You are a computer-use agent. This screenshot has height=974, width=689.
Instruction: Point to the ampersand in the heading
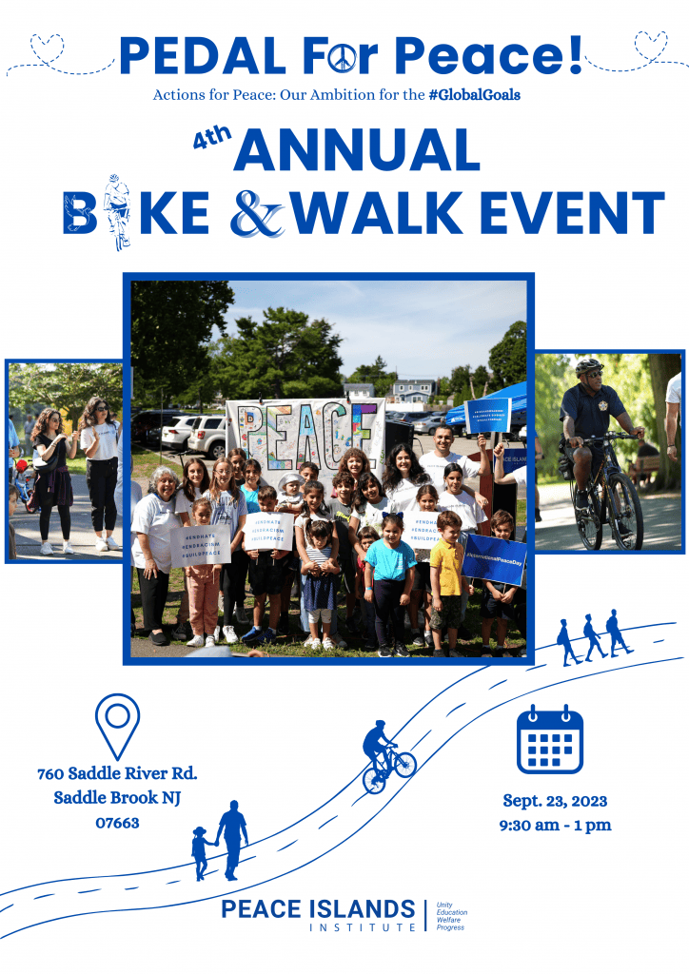(257, 215)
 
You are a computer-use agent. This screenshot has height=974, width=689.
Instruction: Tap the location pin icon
(117, 726)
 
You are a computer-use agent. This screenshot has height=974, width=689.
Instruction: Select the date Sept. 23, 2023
(555, 801)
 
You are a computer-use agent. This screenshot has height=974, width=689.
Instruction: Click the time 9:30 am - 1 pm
(555, 825)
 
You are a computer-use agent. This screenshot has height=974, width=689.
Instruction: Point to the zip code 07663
(117, 822)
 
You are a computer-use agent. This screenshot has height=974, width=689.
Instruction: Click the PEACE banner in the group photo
(305, 433)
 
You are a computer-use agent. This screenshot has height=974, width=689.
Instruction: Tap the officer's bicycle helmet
(589, 366)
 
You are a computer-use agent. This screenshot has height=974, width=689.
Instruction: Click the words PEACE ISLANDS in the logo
(318, 908)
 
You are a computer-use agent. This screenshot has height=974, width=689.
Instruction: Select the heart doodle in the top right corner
(651, 42)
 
